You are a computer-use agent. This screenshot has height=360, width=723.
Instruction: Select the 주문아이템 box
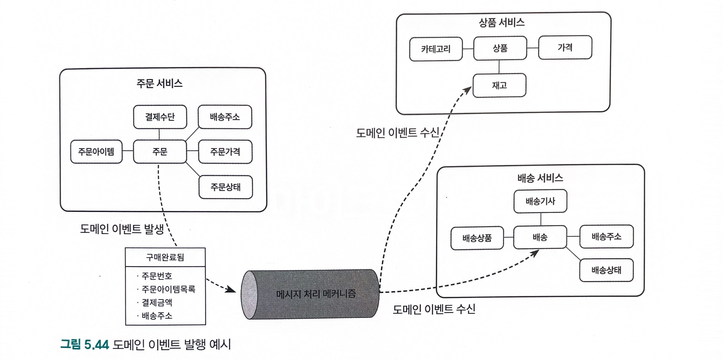96,152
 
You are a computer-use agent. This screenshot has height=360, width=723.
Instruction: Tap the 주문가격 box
225,152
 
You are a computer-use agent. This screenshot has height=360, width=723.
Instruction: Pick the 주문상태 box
225,187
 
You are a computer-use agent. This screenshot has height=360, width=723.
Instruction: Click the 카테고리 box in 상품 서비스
436,49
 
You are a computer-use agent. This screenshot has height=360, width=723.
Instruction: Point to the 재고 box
499,85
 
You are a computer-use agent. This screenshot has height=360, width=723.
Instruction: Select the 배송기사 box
540,201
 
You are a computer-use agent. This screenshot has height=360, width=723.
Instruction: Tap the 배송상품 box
477,238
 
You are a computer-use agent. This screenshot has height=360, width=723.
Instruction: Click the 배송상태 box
606,270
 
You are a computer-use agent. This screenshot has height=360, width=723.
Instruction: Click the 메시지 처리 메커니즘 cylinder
316,294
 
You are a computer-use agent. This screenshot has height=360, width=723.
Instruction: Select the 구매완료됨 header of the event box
165,257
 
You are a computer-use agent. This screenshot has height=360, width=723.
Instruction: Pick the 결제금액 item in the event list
157,303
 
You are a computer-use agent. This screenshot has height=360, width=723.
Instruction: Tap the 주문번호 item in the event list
157,276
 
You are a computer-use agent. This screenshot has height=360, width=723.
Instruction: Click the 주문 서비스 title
159,84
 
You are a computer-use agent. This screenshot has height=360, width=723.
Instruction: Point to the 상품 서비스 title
501,22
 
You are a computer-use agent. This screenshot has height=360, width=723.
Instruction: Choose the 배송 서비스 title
540,178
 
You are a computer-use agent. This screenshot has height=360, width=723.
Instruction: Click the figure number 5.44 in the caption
96,344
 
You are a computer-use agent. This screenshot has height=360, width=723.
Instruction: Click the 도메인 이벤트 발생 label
122,229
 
